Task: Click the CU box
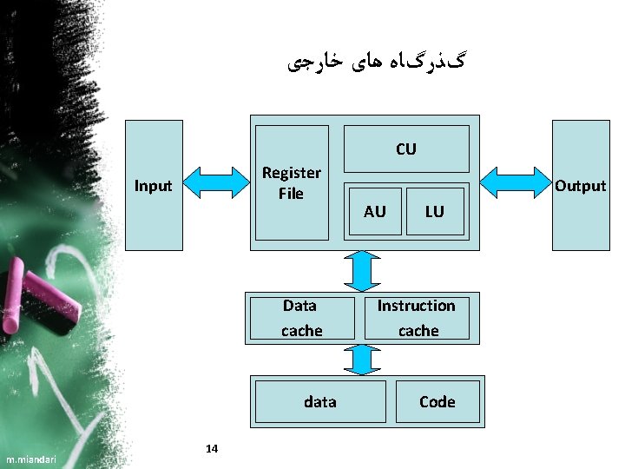(x=406, y=149)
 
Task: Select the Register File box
(x=291, y=182)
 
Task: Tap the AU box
(x=374, y=211)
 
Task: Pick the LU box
(x=434, y=211)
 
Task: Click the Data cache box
(x=301, y=318)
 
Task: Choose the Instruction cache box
(x=417, y=318)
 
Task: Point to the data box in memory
(x=319, y=401)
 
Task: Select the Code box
(x=437, y=401)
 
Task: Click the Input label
(x=154, y=186)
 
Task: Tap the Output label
(x=580, y=186)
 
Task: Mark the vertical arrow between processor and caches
(x=363, y=271)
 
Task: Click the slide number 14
(x=212, y=448)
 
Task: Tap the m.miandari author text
(x=29, y=459)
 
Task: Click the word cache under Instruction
(x=418, y=331)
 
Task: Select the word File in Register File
(x=291, y=193)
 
